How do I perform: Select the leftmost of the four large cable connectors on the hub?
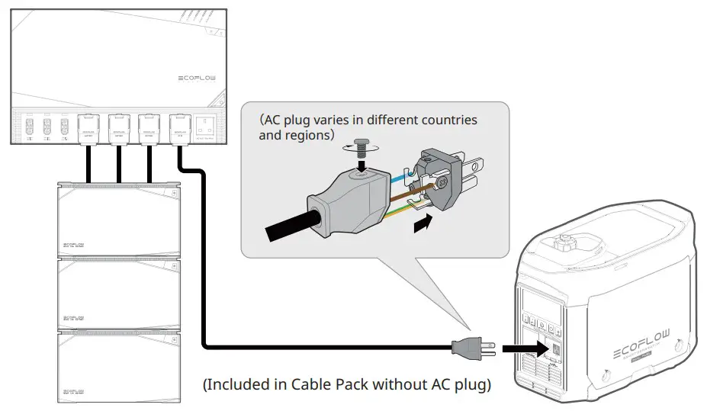(x=88, y=127)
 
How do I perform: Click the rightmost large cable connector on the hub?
(x=179, y=127)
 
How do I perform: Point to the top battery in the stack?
(x=118, y=221)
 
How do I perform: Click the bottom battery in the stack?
(x=118, y=366)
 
